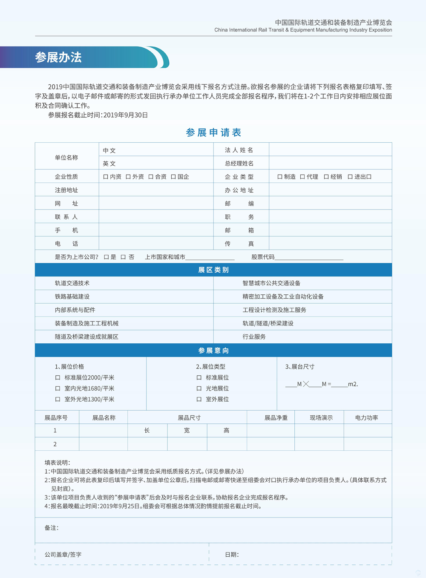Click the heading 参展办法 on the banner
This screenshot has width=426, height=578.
coord(58,58)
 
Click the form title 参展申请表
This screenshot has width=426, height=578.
coord(213,132)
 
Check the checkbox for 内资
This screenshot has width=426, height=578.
coord(106,177)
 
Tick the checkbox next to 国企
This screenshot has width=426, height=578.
coord(173,177)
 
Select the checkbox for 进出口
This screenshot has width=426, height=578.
coord(350,177)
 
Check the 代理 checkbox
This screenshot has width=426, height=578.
coord(302,177)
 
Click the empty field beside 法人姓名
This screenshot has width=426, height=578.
coord(330,150)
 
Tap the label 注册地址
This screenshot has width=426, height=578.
coord(66,190)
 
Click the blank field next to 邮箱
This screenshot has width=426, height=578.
coord(330,230)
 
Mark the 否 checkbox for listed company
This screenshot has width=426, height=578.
coord(123,257)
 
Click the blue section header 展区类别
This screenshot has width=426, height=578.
coord(213,270)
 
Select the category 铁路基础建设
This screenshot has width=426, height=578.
coord(72,296)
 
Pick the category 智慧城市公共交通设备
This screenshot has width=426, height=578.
coord(271,283)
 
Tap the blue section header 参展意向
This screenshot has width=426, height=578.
coord(213,351)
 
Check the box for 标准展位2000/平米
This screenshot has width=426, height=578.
coord(58,377)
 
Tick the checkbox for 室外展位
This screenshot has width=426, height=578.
coord(199,400)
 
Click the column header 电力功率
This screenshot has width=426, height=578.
coord(366,418)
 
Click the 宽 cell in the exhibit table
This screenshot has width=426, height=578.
coord(187,431)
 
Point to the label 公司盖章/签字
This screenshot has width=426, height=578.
coord(63,555)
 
